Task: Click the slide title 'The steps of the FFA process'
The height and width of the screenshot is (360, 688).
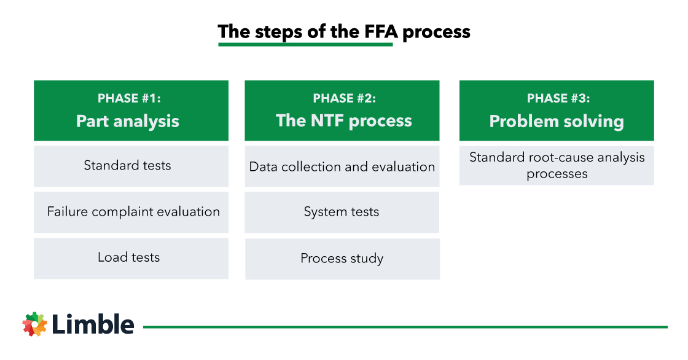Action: click(x=344, y=31)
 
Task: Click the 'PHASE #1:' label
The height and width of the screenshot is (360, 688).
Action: click(x=129, y=98)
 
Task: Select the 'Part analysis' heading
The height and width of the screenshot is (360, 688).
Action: click(x=128, y=120)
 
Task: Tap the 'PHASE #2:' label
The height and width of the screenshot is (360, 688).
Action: click(x=344, y=98)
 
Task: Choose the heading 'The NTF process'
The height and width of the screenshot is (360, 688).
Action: click(x=344, y=120)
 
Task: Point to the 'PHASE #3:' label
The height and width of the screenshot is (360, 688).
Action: click(x=557, y=98)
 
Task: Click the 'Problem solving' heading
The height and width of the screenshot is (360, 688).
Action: click(x=557, y=121)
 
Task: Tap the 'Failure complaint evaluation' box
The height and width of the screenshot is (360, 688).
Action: click(x=131, y=212)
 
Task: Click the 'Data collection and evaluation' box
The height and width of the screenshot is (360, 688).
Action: click(x=342, y=166)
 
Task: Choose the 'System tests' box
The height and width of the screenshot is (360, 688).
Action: click(x=342, y=212)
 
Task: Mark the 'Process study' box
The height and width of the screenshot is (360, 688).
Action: click(x=342, y=259)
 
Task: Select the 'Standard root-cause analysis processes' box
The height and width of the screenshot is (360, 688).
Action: click(x=557, y=165)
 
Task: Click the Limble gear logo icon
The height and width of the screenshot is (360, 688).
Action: click(x=35, y=324)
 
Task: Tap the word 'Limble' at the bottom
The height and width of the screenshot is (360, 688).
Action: click(x=93, y=324)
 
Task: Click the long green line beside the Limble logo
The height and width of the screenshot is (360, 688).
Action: click(x=405, y=327)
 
